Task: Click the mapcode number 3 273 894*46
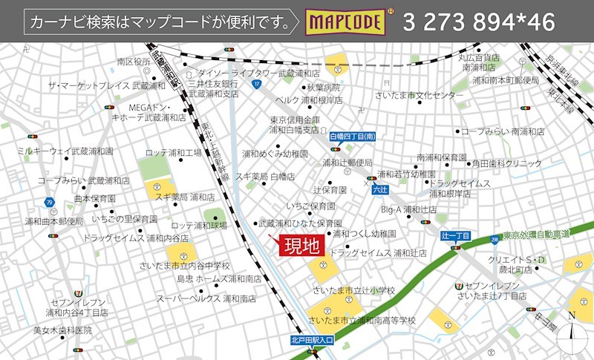[479, 22]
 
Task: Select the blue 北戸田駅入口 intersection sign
[313, 341]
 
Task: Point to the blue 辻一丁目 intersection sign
[455, 235]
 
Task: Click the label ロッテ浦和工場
[174, 153]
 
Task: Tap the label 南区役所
[134, 62]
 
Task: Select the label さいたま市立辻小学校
[354, 289]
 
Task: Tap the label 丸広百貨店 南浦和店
[478, 62]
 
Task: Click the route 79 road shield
[49, 202]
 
